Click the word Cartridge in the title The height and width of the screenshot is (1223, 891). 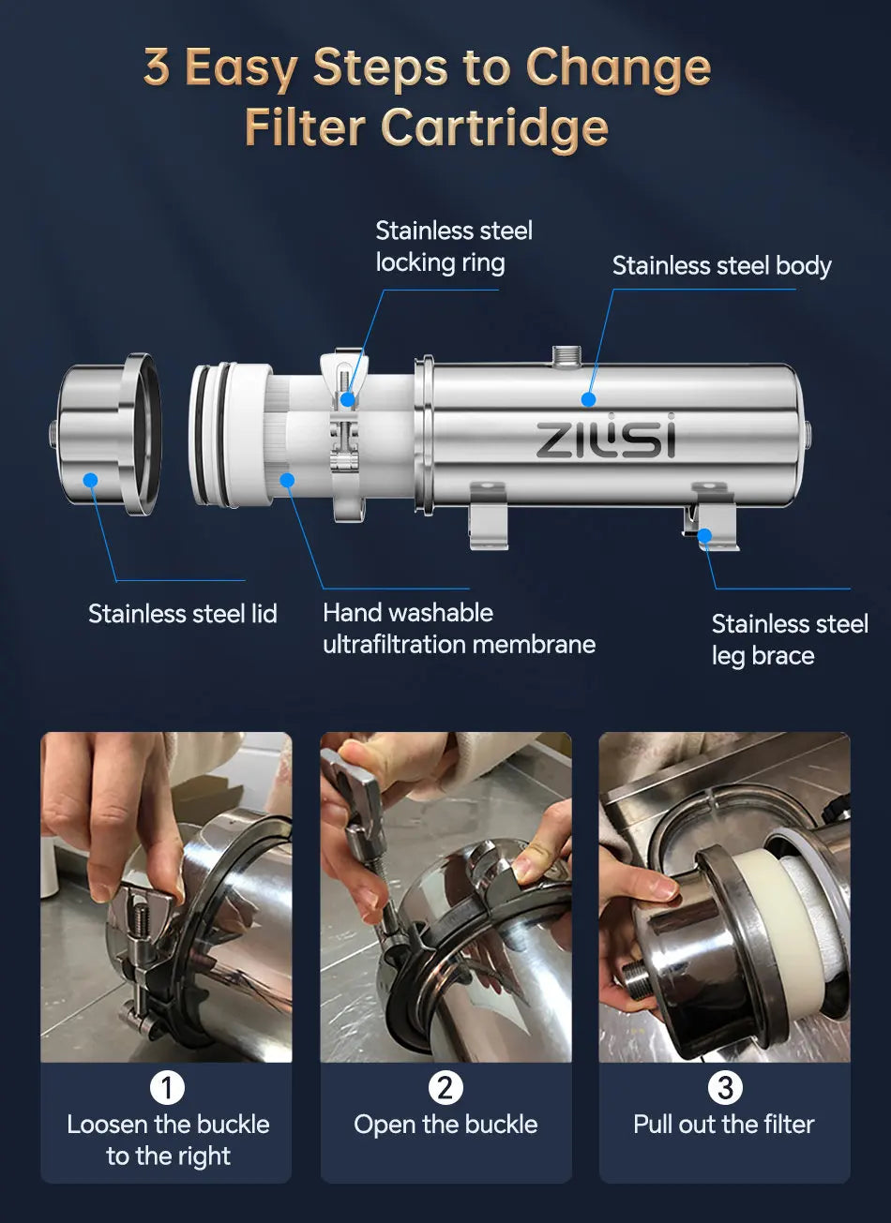tap(494, 128)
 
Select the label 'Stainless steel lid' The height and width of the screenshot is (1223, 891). tap(183, 614)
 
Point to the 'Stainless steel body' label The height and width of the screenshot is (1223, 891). tap(721, 266)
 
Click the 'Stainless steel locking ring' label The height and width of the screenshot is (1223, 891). tap(454, 246)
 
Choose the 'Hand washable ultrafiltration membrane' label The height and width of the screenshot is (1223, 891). tap(459, 629)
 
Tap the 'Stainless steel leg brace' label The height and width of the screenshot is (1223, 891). tap(790, 639)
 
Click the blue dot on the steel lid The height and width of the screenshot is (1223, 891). tap(91, 480)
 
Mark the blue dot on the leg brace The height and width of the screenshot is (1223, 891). tap(704, 535)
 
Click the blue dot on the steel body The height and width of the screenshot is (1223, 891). tap(588, 399)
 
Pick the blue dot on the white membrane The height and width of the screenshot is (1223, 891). tap(287, 480)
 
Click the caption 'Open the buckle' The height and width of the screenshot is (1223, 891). tap(445, 1125)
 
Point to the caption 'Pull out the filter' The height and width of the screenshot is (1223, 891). tap(724, 1125)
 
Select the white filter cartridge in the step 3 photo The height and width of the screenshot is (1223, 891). tap(787, 928)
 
